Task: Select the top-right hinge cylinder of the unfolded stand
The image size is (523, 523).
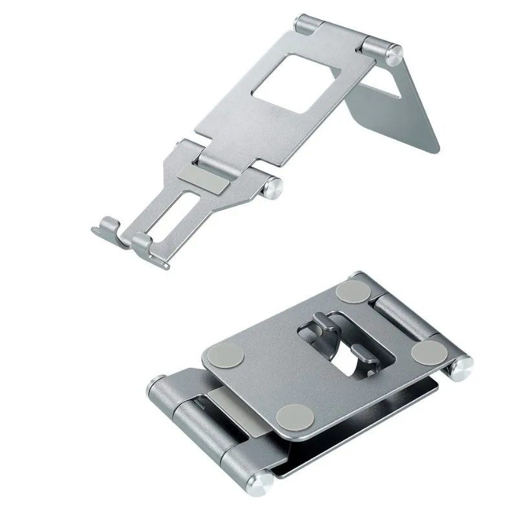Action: [379, 47]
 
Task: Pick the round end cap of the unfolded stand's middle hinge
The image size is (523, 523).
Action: [274, 188]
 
